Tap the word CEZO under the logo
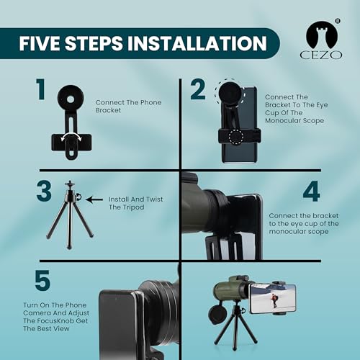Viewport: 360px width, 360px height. click(318, 55)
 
